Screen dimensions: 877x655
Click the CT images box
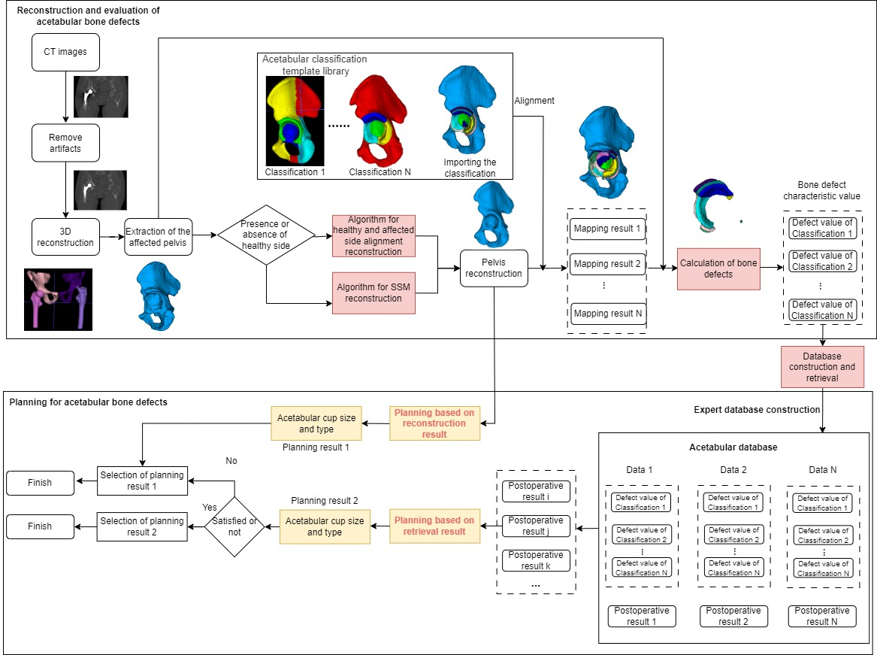(65, 52)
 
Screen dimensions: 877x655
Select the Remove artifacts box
(65, 143)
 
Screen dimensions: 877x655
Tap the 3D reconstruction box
(65, 237)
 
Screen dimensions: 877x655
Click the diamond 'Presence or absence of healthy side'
(266, 235)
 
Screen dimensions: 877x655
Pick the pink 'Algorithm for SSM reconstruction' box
(373, 293)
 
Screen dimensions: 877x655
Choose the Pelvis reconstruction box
(494, 268)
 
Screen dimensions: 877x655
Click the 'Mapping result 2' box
(607, 264)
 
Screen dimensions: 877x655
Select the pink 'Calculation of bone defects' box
(718, 268)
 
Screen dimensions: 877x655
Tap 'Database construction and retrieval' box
(822, 367)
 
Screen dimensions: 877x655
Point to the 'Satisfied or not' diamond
(234, 527)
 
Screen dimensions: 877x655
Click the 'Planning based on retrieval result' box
(434, 526)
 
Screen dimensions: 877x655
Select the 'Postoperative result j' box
(536, 526)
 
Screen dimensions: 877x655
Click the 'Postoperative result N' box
(822, 616)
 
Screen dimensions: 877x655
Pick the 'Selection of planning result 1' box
(142, 481)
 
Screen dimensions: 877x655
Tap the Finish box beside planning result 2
(40, 527)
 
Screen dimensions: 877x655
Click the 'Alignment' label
(534, 101)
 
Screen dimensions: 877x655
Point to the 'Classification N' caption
(380, 172)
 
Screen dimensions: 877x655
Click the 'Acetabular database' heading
(733, 447)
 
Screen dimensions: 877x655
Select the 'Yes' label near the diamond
(210, 507)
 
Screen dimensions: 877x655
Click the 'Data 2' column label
(733, 470)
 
